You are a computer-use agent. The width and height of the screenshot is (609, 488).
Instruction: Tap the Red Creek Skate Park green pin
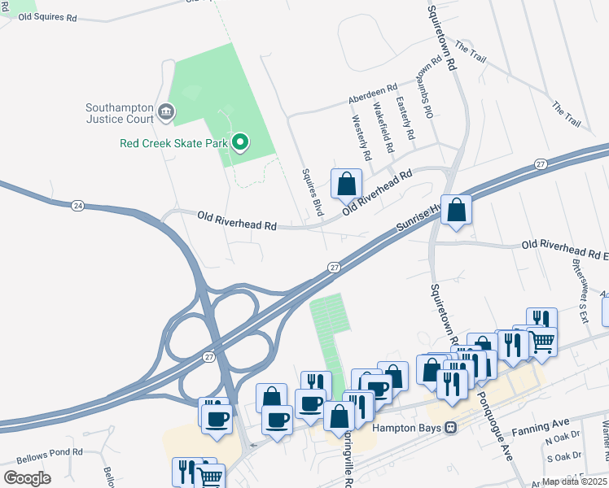[x=240, y=143]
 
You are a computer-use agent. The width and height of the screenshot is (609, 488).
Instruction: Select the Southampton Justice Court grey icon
[x=166, y=111]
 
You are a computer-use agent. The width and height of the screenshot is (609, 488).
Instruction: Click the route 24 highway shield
[x=77, y=204]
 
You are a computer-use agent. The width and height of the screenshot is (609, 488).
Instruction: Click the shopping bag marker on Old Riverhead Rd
[x=347, y=184]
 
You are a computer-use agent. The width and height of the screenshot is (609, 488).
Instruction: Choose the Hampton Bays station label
[x=406, y=428]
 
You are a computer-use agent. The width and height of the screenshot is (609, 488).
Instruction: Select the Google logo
[x=27, y=478]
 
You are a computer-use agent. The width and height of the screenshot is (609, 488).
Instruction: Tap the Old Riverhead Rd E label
[x=564, y=244]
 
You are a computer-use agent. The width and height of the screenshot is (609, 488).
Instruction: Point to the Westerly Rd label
[x=361, y=136]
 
